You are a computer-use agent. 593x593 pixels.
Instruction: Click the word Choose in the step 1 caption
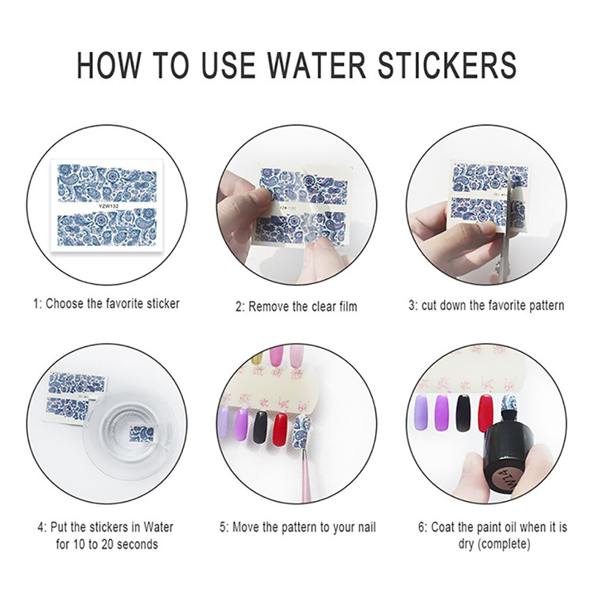(64, 304)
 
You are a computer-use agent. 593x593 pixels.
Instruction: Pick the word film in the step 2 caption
(347, 306)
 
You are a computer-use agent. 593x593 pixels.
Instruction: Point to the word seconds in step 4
(137, 545)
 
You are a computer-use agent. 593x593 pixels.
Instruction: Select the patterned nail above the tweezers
(303, 430)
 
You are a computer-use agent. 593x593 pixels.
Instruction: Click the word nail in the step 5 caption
(366, 527)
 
